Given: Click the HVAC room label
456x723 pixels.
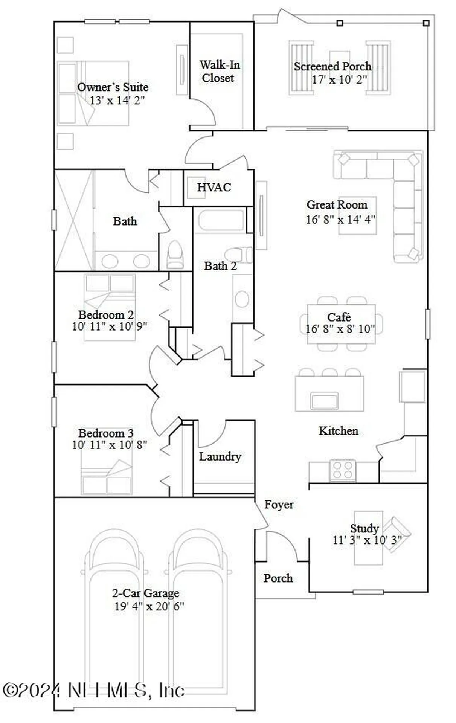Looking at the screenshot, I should [x=214, y=187].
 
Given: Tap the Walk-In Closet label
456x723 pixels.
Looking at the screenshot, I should [x=219, y=71].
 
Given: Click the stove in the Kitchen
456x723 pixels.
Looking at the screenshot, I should [x=343, y=470].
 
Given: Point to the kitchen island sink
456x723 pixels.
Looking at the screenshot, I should [x=324, y=400].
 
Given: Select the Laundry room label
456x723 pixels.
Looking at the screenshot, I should [x=220, y=457].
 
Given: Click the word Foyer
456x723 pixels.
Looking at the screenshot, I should [x=279, y=505].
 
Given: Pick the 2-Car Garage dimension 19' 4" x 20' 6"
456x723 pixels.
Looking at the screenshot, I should [x=149, y=607].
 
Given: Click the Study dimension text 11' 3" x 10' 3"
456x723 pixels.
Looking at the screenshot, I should [x=367, y=540].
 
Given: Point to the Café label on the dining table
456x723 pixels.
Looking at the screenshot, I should [x=339, y=317].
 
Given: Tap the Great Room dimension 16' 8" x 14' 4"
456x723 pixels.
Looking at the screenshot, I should [x=340, y=219].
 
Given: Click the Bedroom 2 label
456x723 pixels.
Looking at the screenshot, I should [x=106, y=314].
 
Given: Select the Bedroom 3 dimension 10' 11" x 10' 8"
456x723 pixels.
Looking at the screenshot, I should [x=109, y=445].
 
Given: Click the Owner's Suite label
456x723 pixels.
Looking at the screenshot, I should [x=113, y=87].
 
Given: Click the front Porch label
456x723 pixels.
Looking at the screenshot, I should [x=278, y=578].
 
